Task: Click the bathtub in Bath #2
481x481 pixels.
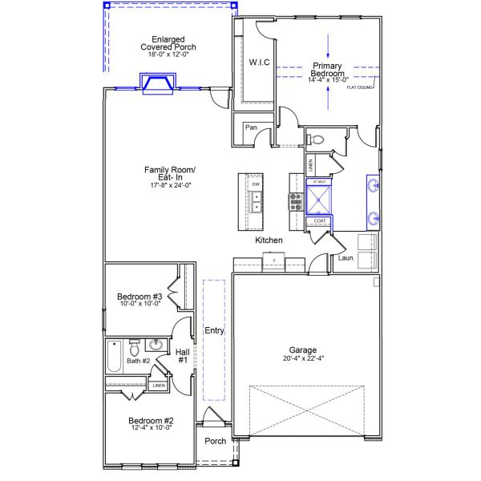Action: [113, 357]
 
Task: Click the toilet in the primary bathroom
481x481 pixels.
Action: [317, 140]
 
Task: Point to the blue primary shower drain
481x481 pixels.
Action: [319, 195]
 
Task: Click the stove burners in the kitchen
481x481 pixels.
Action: [294, 201]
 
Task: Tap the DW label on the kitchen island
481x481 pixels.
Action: [256, 185]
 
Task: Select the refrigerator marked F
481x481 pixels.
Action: [274, 261]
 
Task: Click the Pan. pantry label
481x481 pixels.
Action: [251, 127]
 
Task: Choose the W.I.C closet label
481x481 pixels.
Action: [258, 62]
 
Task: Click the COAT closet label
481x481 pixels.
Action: [319, 220]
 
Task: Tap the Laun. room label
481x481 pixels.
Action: [346, 258]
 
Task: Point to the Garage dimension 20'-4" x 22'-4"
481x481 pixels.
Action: [303, 359]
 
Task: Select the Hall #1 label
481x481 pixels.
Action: [182, 356]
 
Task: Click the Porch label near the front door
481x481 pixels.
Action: [215, 441]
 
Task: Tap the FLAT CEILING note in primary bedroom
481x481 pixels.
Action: [360, 87]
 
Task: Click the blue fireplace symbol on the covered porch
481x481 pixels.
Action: [158, 83]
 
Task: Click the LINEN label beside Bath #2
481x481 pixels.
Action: [159, 386]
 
